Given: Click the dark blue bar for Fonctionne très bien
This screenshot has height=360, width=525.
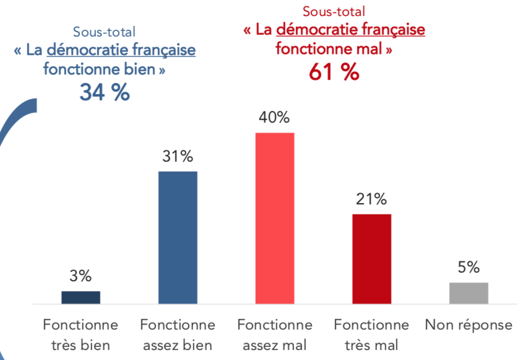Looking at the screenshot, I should [x=80, y=297].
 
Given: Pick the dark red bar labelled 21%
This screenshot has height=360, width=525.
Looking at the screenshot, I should [x=372, y=259].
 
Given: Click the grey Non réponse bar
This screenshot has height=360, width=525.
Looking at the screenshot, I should [x=469, y=293].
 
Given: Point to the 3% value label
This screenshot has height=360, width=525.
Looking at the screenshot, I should [x=80, y=276].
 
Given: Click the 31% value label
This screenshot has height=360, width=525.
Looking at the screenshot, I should [x=178, y=157].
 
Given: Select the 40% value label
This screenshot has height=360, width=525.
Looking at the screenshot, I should [x=275, y=118].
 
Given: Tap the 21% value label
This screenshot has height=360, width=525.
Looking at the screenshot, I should [x=372, y=200].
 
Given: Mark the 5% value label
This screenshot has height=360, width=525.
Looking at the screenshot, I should [x=469, y=268].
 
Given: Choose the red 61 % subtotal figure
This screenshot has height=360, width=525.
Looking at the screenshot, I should [x=334, y=72].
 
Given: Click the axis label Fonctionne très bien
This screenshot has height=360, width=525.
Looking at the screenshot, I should [x=80, y=335].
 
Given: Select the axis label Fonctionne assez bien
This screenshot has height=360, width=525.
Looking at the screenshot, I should [x=178, y=335].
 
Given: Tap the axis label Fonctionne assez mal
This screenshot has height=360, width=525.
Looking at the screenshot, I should [x=275, y=335].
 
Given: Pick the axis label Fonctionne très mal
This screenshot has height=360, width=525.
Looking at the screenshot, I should [x=372, y=335].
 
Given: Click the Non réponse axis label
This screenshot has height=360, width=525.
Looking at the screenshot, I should [x=469, y=325].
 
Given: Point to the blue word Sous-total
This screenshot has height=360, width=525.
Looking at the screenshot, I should [x=104, y=32].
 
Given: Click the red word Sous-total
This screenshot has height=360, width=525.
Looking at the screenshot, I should [x=334, y=11].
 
